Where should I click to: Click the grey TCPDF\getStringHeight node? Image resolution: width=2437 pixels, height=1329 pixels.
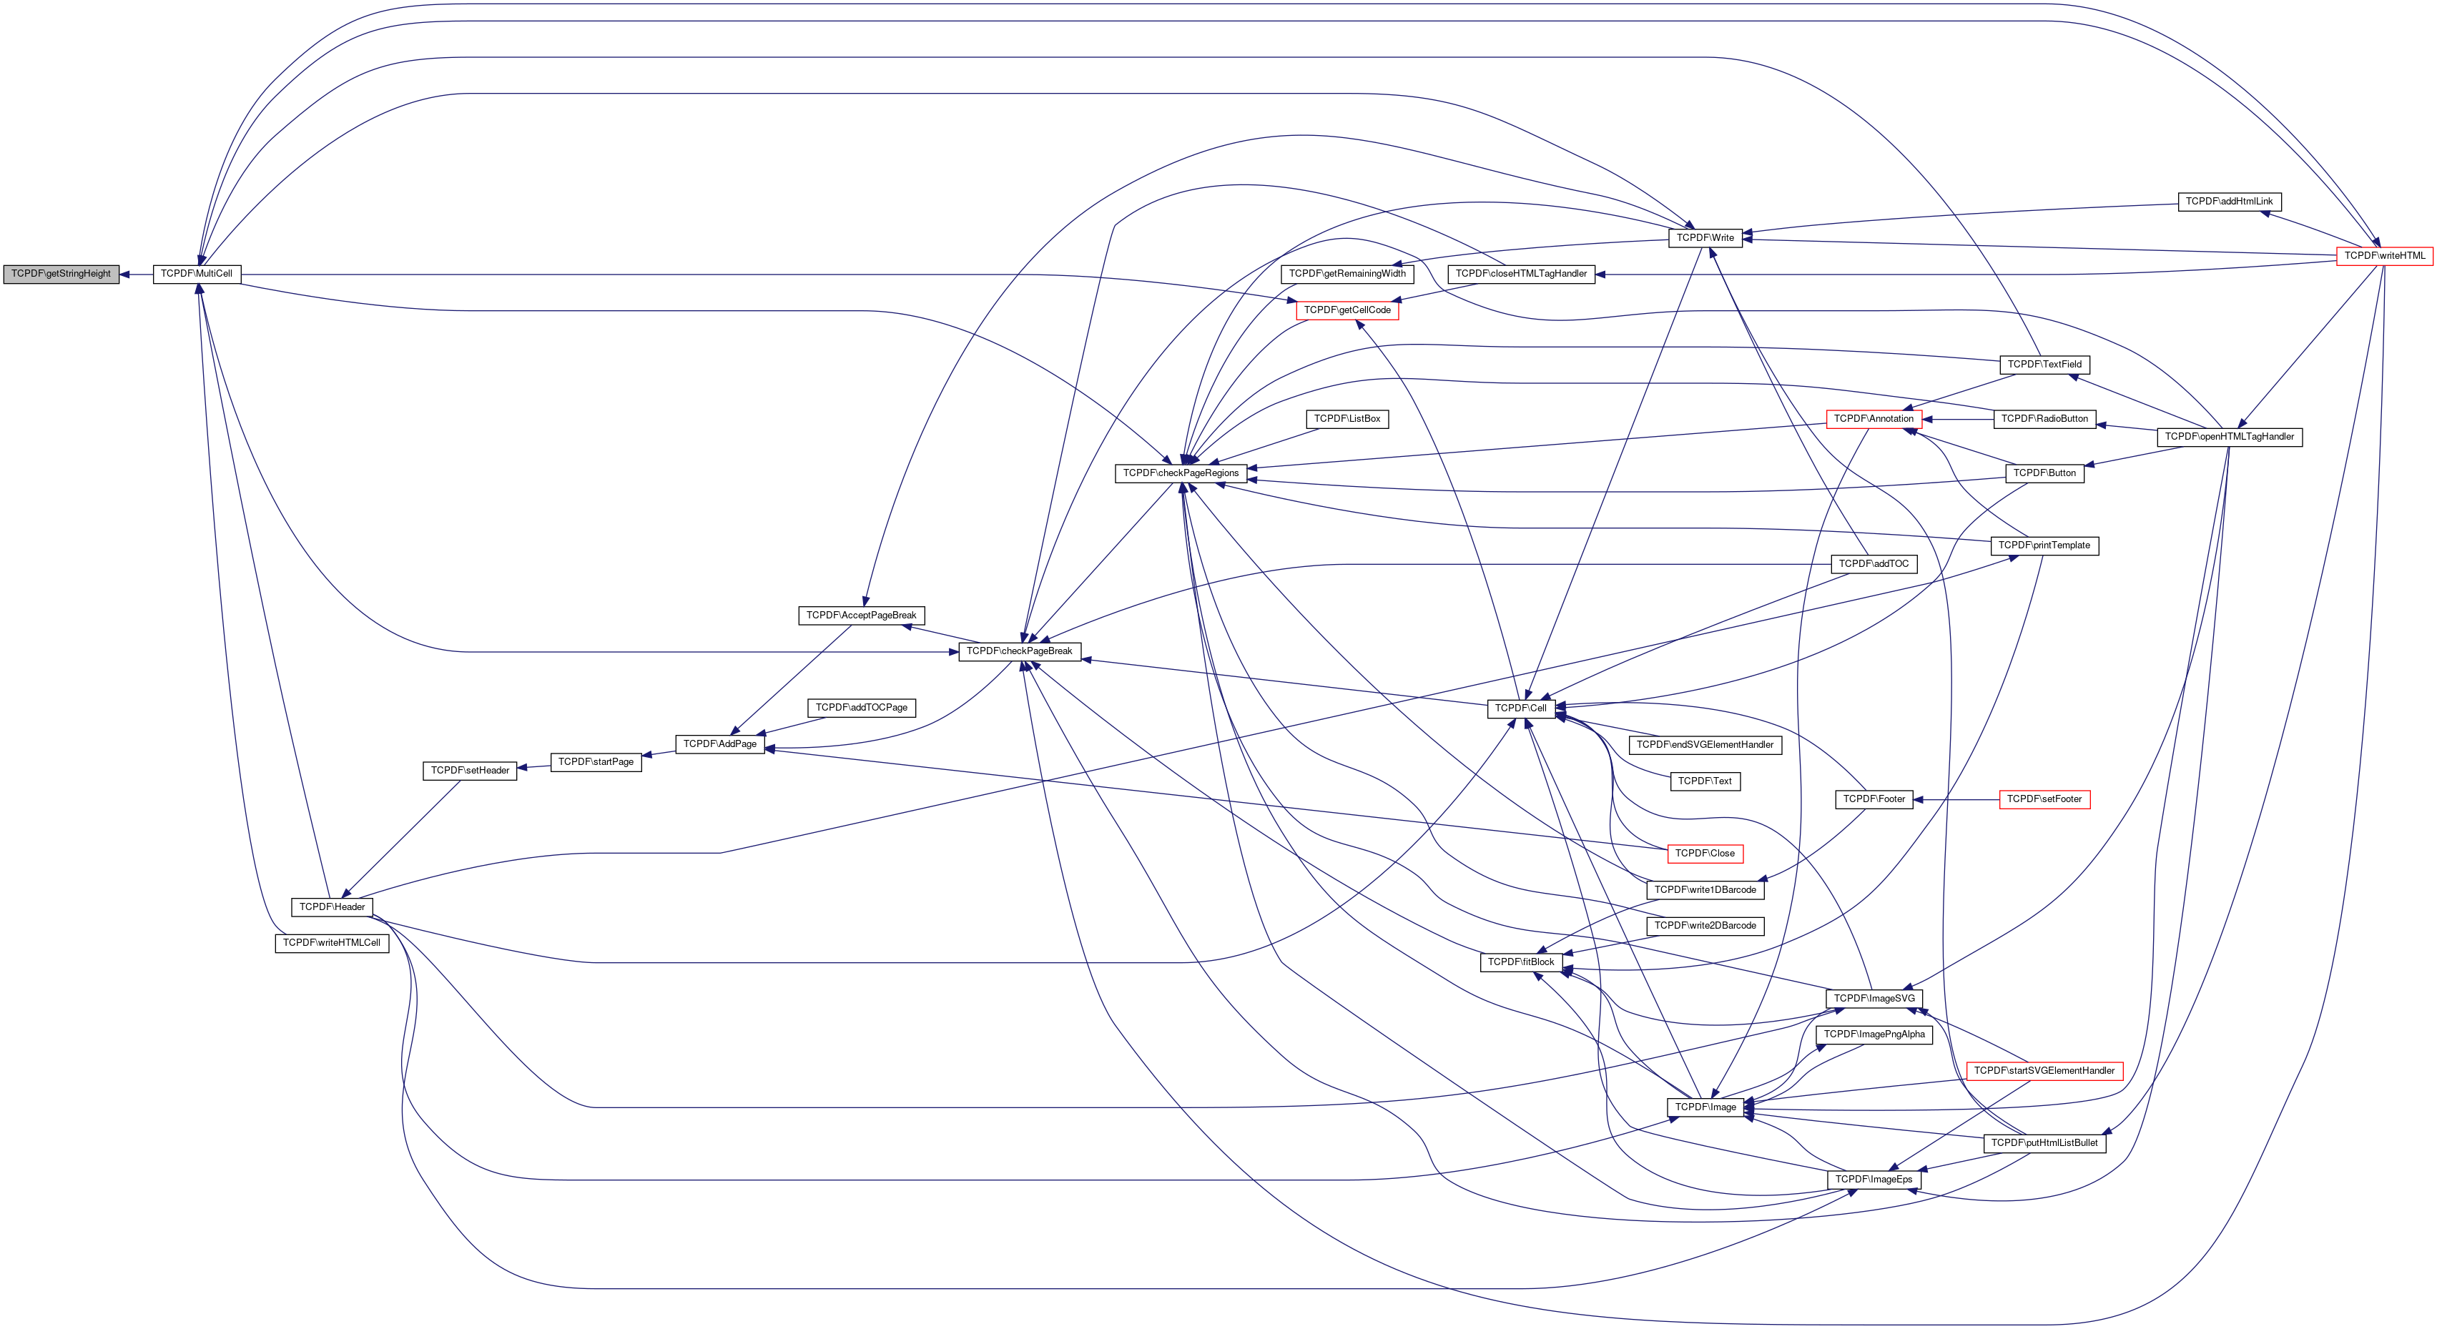61,275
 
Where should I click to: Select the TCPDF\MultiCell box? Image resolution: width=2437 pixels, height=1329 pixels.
197,275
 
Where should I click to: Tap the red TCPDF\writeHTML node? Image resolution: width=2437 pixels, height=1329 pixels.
2384,257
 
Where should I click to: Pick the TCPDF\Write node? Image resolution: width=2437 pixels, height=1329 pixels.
1705,238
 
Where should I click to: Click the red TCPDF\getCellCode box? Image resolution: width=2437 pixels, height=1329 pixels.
1347,310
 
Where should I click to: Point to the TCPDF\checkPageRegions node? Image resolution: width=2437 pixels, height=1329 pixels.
1181,473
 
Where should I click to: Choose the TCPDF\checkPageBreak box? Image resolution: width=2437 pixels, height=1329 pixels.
1019,652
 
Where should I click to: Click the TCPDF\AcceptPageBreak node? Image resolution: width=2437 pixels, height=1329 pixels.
861,616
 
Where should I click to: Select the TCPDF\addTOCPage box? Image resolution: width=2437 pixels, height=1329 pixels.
861,708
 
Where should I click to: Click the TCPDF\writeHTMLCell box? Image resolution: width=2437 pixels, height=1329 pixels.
331,943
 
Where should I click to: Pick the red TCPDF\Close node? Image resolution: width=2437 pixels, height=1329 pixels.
1705,853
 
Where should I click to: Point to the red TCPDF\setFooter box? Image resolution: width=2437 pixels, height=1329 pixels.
2044,799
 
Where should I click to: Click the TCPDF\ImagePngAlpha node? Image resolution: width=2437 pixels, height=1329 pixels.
1874,1035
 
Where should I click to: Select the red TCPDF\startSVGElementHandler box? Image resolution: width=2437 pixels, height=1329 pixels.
2044,1071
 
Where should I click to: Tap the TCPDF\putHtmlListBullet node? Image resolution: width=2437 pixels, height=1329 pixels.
2044,1144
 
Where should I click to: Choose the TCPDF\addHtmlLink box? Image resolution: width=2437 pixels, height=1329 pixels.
2229,202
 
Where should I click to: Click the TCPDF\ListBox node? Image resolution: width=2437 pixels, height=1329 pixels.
1347,419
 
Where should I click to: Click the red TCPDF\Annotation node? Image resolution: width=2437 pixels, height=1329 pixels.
1874,419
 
